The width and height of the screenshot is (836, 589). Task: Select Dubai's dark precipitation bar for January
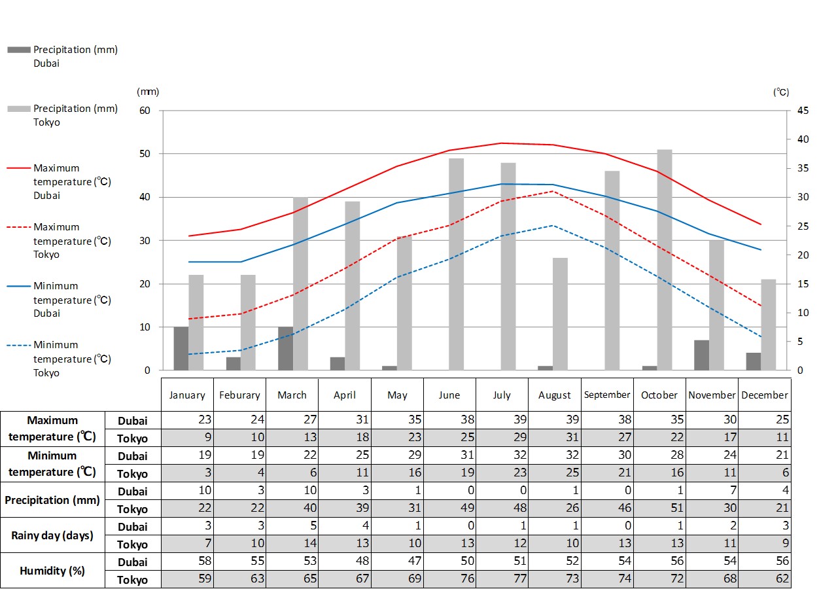point(181,348)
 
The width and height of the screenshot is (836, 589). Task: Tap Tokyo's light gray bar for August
point(561,314)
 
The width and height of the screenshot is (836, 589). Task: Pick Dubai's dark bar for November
point(702,355)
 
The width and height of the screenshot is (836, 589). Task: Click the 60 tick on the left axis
point(145,111)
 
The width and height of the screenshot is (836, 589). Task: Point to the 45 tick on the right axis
point(803,111)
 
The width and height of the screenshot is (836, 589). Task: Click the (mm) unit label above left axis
point(148,92)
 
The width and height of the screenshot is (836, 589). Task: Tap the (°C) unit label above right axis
point(781,92)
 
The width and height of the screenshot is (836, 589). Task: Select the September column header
point(607,395)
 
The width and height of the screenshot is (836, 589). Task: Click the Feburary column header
point(239,395)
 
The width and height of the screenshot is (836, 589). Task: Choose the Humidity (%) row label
point(52,571)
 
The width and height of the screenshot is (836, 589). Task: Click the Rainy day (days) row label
point(52,535)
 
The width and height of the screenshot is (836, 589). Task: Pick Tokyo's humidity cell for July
point(502,579)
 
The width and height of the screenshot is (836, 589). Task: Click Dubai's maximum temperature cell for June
point(449,420)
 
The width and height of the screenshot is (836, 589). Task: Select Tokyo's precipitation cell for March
point(292,509)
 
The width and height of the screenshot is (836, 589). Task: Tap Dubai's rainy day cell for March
point(292,526)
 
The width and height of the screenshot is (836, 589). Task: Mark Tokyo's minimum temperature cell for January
point(188,473)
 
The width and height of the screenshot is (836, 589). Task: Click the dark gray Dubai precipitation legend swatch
point(19,50)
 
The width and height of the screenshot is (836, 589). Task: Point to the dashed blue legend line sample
point(19,345)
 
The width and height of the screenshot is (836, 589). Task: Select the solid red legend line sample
point(19,168)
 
